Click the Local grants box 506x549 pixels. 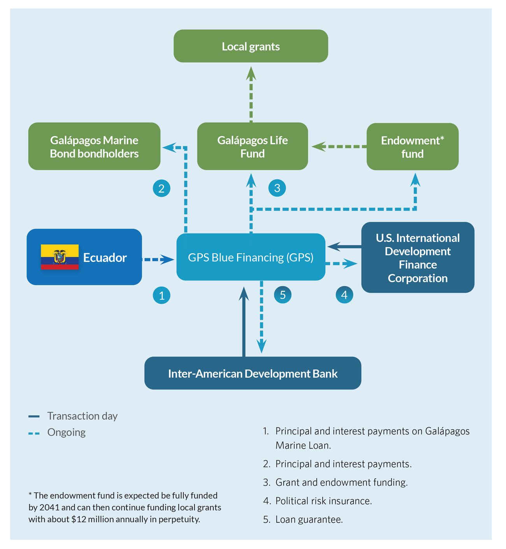click(x=251, y=46)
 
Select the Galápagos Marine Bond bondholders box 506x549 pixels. click(x=94, y=146)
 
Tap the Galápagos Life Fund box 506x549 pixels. click(x=253, y=146)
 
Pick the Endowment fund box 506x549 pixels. click(x=412, y=146)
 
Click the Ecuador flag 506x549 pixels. click(x=60, y=257)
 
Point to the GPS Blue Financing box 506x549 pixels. click(x=251, y=257)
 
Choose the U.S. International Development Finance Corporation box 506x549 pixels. click(x=418, y=257)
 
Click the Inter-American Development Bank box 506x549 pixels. click(x=253, y=373)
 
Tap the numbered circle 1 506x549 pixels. click(x=162, y=295)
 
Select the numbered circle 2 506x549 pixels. click(x=162, y=188)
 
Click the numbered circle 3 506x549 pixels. click(x=277, y=188)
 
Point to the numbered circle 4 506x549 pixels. click(x=344, y=295)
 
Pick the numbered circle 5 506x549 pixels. click(x=283, y=295)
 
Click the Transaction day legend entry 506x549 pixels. click(x=73, y=416)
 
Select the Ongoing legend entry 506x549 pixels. click(x=57, y=432)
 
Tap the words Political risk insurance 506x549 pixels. click(x=323, y=501)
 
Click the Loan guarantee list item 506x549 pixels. click(x=303, y=519)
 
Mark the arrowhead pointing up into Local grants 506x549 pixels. click(x=251, y=74)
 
